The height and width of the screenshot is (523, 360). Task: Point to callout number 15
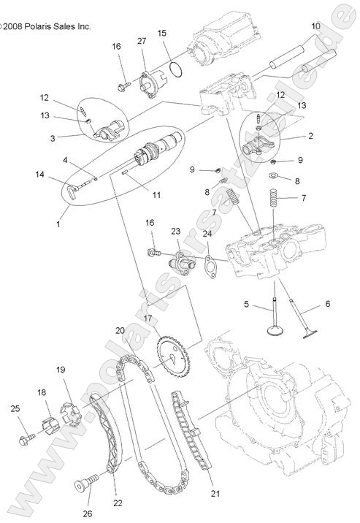[161, 34]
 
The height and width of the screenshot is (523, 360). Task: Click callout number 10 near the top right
[315, 26]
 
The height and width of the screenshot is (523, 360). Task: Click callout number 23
[176, 232]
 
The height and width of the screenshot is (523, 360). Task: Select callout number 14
[40, 174]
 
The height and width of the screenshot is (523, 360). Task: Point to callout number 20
[120, 330]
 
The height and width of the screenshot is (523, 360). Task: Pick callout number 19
[61, 370]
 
